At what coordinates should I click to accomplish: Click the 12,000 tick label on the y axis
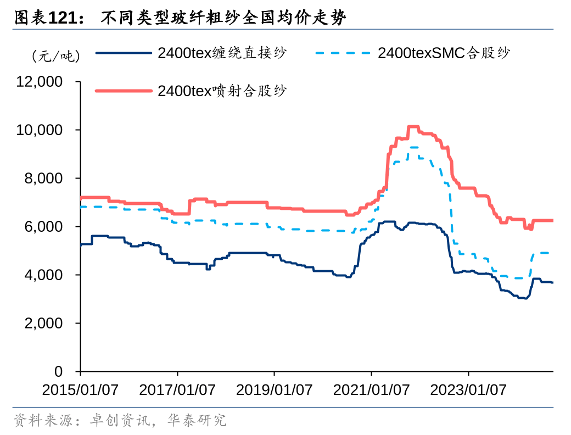40,82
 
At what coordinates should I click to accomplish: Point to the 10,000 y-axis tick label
40,130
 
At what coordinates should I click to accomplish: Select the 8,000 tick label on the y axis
43,179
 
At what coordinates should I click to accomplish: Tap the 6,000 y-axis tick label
43,227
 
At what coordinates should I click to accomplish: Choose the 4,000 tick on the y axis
43,275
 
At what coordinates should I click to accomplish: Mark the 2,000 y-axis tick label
43,324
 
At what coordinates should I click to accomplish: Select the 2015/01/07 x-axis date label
80,390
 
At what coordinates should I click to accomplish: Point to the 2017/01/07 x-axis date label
177,390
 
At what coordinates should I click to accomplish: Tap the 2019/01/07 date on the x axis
275,390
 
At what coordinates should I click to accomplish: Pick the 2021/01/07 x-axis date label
372,390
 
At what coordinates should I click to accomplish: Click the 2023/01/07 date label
468,390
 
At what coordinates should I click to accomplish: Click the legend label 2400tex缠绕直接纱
222,53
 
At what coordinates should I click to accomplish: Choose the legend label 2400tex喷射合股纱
222,91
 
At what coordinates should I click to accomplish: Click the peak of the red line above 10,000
413,127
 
